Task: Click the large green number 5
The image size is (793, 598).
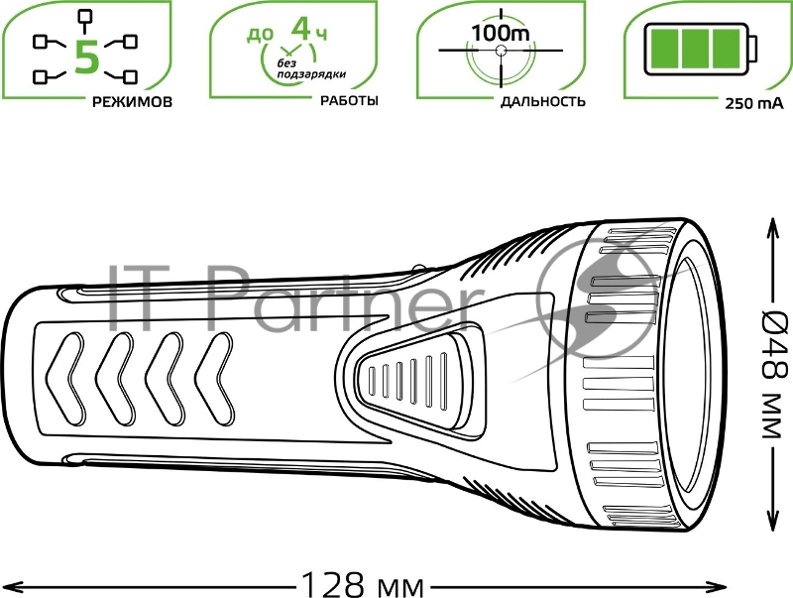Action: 86,57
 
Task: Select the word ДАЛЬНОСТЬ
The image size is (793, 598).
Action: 542,101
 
